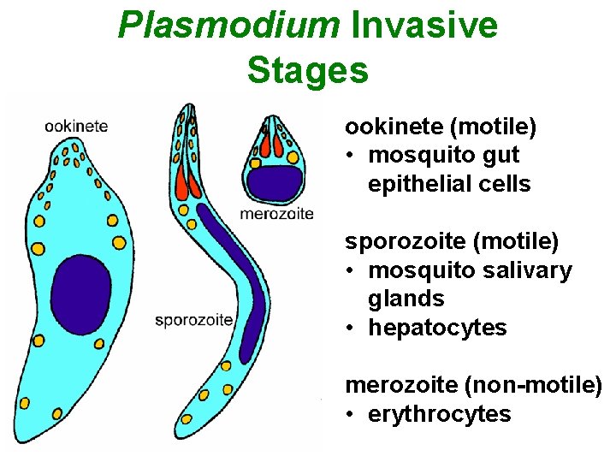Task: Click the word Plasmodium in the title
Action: pyautogui.click(x=228, y=26)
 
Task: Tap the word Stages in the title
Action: pyautogui.click(x=307, y=69)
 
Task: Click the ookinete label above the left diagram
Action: pyautogui.click(x=76, y=126)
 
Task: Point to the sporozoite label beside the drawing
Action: pyautogui.click(x=194, y=320)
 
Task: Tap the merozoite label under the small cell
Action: pyautogui.click(x=277, y=213)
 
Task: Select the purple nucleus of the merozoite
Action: pyautogui.click(x=275, y=182)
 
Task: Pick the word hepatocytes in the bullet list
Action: pyautogui.click(x=437, y=328)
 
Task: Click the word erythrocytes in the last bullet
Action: pyautogui.click(x=440, y=415)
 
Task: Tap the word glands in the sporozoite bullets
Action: pyautogui.click(x=406, y=299)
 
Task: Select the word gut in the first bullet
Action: pyautogui.click(x=500, y=156)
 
